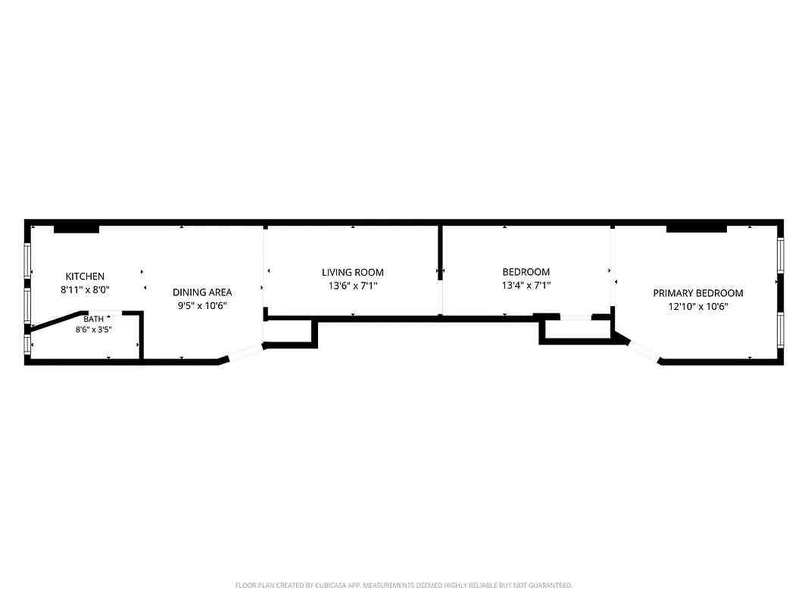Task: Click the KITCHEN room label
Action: (x=85, y=276)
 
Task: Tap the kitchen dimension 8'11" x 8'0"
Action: (x=85, y=289)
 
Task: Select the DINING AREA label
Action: (x=202, y=292)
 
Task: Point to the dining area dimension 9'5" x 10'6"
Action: (x=202, y=305)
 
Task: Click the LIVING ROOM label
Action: (x=352, y=272)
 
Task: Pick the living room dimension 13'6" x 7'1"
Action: (x=352, y=286)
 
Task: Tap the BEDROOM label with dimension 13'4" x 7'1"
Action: (x=526, y=272)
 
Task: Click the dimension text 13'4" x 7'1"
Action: (x=526, y=285)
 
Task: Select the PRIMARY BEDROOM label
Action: (x=698, y=292)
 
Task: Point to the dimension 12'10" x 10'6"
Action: (x=698, y=306)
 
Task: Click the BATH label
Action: (x=93, y=319)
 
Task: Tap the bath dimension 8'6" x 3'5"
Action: (x=93, y=330)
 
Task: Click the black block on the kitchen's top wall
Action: (x=76, y=229)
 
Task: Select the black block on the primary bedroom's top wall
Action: (x=696, y=228)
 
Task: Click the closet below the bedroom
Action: (x=577, y=330)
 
